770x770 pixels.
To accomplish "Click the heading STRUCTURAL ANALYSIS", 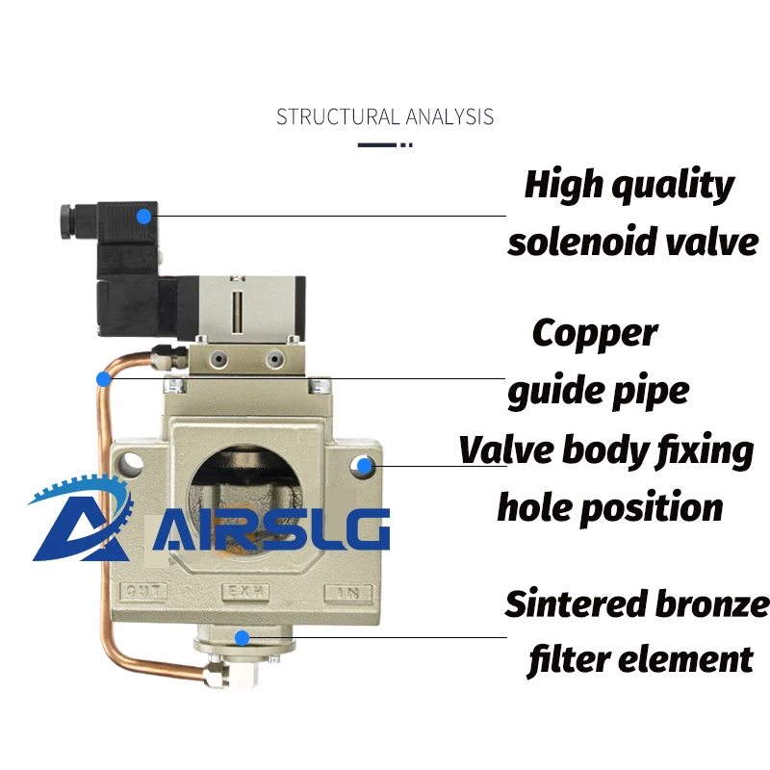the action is (x=385, y=117).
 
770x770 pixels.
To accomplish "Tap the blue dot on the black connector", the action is (x=143, y=217).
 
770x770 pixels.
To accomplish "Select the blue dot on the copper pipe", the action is (x=103, y=378).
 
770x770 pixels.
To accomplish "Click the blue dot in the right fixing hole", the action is (x=364, y=466).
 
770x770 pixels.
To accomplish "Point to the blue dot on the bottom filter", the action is (x=243, y=636).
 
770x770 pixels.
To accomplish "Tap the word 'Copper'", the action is (x=595, y=333).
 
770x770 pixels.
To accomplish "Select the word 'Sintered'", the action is (x=574, y=603).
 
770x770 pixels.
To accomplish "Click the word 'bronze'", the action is (x=710, y=603).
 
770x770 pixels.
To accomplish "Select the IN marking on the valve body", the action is (x=347, y=591).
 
